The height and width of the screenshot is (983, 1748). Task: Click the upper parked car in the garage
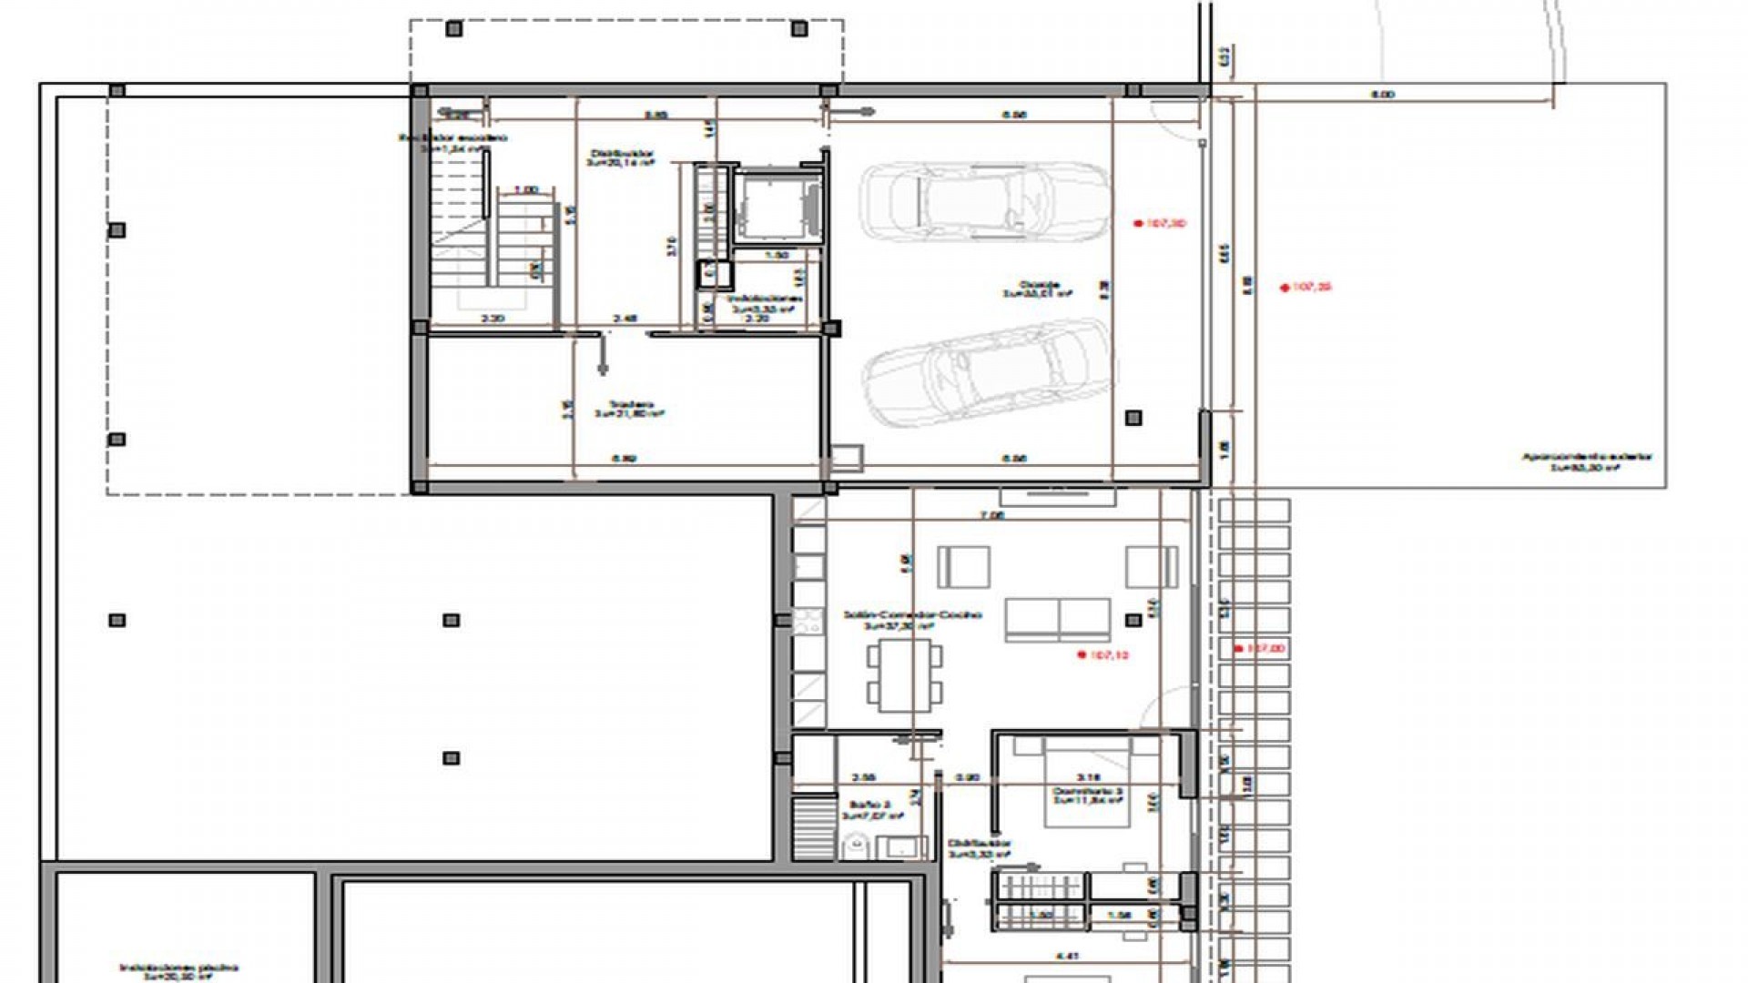tap(985, 201)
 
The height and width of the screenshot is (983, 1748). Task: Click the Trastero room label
tap(630, 410)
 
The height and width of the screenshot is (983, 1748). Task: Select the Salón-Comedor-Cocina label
tap(912, 619)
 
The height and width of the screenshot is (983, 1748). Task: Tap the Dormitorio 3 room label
tap(1088, 796)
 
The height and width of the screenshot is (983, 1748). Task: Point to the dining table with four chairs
tap(904, 674)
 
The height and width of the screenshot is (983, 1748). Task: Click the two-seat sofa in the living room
tap(1058, 620)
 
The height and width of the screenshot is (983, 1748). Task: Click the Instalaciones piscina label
tap(178, 971)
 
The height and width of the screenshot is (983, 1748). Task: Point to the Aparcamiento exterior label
tap(1587, 461)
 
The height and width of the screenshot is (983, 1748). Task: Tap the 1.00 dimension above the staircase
tap(525, 190)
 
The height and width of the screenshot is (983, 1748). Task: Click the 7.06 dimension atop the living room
tap(991, 515)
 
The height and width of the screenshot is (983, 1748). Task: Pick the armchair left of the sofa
tap(963, 567)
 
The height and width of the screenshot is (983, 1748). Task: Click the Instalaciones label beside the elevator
tap(763, 303)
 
